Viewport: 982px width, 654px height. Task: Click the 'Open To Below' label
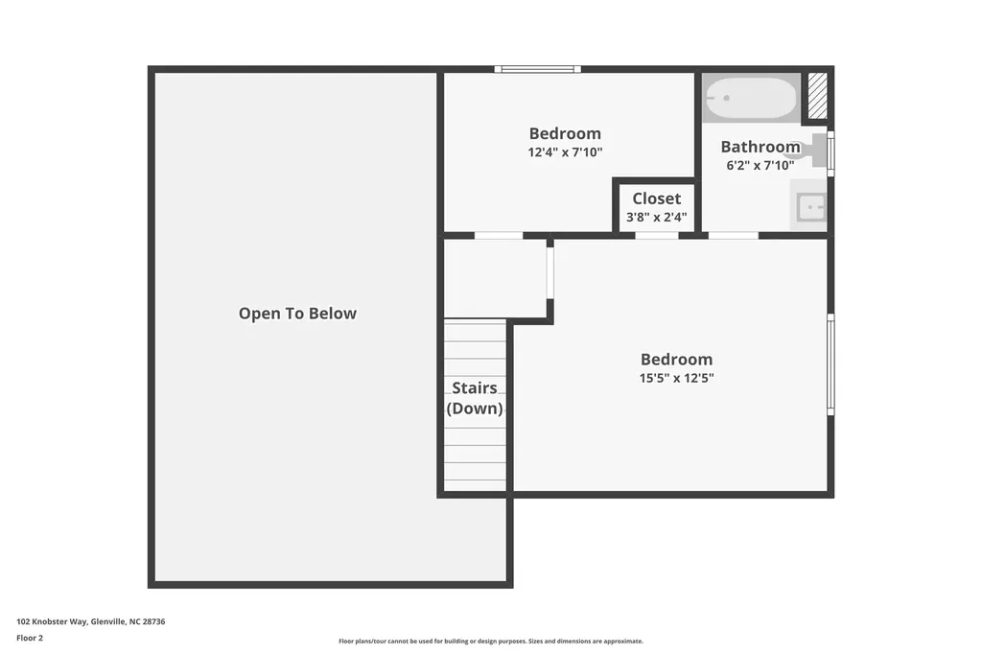coord(297,314)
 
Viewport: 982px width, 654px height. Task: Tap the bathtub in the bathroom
coord(751,97)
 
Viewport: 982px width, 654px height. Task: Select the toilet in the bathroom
coord(811,151)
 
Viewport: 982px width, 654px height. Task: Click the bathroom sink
coord(811,206)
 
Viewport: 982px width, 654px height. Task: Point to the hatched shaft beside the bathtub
coord(817,96)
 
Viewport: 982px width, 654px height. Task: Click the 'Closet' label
coord(657,199)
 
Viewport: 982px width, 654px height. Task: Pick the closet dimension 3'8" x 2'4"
coord(657,217)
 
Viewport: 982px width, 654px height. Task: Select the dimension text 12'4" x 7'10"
coord(565,152)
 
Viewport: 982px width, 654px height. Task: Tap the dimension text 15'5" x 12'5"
coord(677,378)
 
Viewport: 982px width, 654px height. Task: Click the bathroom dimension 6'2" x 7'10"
coord(760,165)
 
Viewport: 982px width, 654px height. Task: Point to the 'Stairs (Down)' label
coord(475,398)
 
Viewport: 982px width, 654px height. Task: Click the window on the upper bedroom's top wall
coord(538,69)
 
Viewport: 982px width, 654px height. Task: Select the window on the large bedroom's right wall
coord(830,363)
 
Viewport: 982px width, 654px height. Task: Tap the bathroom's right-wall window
coord(830,153)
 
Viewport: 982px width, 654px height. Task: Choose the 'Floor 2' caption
coord(30,638)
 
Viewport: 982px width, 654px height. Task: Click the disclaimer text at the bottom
coord(490,642)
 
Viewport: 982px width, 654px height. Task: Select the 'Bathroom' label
coord(760,147)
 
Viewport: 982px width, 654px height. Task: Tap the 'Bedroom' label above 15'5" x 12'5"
coord(677,360)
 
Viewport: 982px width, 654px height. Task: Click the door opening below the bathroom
coord(734,235)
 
